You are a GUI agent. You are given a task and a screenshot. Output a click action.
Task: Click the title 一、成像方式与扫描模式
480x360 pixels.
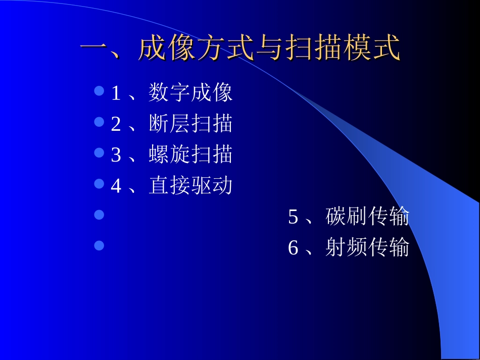(240, 49)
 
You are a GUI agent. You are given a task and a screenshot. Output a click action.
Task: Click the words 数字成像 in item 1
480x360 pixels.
(190, 93)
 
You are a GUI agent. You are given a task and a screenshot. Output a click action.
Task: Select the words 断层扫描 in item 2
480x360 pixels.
(190, 124)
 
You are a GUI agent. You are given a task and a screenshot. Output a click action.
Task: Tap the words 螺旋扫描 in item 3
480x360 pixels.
(190, 155)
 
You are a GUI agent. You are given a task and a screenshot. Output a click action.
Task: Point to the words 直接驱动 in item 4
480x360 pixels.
(190, 185)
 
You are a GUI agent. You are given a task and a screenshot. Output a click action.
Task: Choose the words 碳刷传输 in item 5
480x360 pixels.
(367, 217)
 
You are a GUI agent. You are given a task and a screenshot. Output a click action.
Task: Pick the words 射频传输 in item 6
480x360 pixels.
(367, 247)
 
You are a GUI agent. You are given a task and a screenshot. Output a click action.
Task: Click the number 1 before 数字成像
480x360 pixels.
(116, 94)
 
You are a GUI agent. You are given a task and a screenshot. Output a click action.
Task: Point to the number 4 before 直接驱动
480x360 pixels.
(116, 186)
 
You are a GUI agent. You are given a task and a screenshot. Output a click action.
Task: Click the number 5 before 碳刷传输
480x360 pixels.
(293, 218)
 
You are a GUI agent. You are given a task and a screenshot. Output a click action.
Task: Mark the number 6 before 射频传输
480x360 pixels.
(293, 248)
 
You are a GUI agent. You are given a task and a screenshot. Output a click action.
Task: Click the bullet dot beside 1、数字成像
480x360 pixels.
(100, 91)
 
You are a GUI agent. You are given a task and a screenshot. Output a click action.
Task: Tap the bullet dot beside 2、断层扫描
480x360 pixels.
(100, 122)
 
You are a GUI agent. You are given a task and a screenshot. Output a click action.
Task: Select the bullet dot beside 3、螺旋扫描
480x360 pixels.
(100, 153)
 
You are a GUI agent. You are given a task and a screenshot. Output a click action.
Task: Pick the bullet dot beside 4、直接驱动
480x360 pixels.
(100, 184)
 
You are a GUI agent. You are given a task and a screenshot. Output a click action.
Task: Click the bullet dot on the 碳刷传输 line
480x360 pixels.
(100, 215)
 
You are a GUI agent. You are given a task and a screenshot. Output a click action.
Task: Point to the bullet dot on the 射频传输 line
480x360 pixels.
(100, 245)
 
